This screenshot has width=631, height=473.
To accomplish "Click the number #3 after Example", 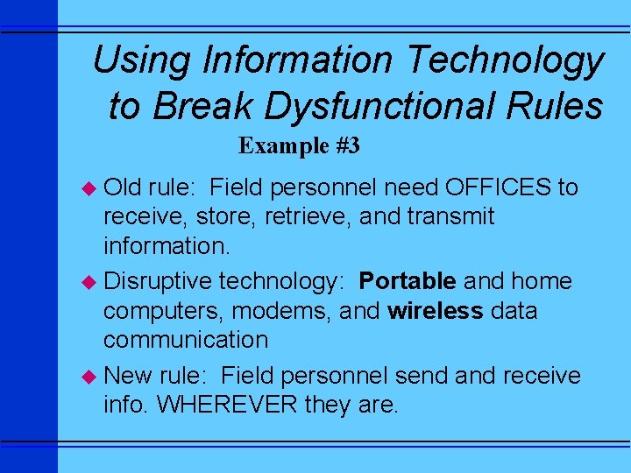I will pyautogui.click(x=347, y=145).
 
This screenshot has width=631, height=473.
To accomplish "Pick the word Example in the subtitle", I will pyautogui.click(x=282, y=145).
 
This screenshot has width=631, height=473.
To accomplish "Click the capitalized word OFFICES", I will pyautogui.click(x=499, y=187).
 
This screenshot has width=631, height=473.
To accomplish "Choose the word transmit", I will pyautogui.click(x=453, y=216).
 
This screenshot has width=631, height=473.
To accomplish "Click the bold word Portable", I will pyautogui.click(x=408, y=281).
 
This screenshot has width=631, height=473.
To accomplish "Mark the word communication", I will pyautogui.click(x=186, y=340).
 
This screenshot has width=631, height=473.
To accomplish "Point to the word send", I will pyautogui.click(x=422, y=376).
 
